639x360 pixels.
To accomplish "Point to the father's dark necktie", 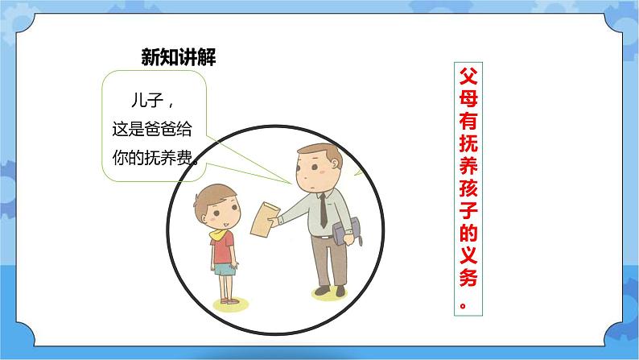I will tap(323, 212).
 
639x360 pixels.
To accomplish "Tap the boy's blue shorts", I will tap(224, 268).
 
